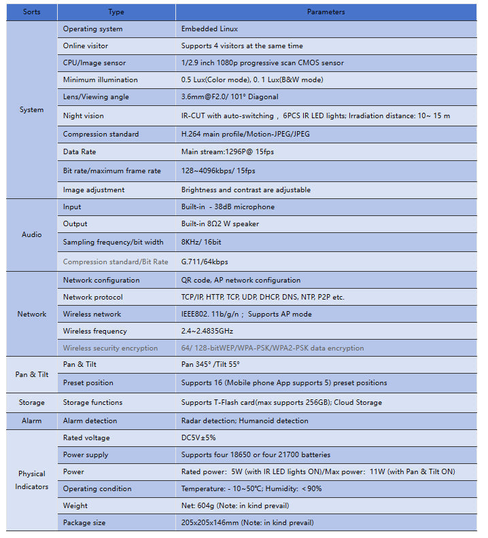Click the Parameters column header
pyautogui.click(x=326, y=12)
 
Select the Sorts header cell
pyautogui.click(x=31, y=12)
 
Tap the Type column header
pyautogui.click(x=116, y=12)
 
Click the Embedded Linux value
pyautogui.click(x=209, y=29)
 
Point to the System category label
pyautogui.click(x=31, y=109)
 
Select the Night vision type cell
pyautogui.click(x=84, y=115)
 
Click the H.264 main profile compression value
pyautogui.click(x=245, y=134)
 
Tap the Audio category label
pyautogui.click(x=31, y=234)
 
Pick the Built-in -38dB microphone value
pyautogui.click(x=228, y=207)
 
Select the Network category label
pyautogui.click(x=31, y=314)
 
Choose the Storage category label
pyautogui.click(x=31, y=402)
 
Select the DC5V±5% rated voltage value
pyautogui.click(x=198, y=437)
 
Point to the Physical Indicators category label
pyautogui.click(x=31, y=480)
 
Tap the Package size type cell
pyautogui.click(x=84, y=522)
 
